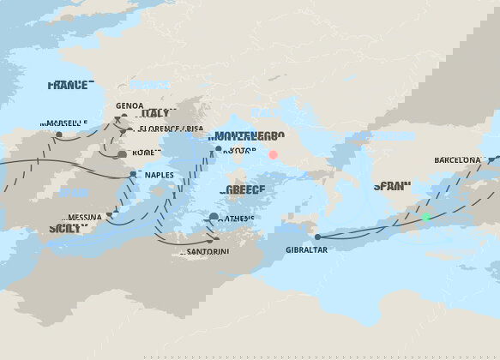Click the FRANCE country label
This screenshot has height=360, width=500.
(68, 86)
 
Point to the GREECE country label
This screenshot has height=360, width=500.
(245, 190)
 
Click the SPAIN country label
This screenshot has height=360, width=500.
(394, 186)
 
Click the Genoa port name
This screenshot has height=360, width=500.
(130, 106)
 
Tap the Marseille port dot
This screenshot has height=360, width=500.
(59, 135)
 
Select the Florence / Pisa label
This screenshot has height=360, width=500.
(169, 129)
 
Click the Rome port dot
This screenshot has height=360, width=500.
(122, 154)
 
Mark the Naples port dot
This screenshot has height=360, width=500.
(133, 174)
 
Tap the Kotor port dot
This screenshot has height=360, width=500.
(219, 149)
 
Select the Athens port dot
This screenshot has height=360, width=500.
(213, 218)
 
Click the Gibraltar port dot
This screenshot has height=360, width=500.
(317, 237)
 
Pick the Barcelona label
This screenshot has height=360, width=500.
(457, 160)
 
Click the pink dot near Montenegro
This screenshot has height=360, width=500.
(274, 155)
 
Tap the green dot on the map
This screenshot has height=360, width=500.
(425, 218)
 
